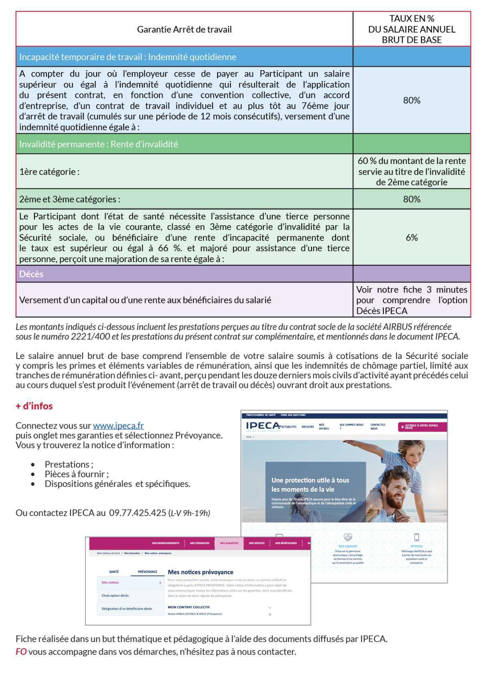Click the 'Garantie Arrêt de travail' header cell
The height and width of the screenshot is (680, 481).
(x=184, y=29)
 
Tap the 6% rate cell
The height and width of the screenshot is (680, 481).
(x=412, y=237)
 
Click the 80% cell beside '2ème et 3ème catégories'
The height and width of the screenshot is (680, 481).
(x=412, y=199)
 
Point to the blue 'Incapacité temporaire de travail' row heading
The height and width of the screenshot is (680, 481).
(x=128, y=57)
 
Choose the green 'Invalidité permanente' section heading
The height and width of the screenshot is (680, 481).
(x=99, y=144)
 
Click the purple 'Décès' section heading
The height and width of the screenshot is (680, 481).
(x=31, y=274)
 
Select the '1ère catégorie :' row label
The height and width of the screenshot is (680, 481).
(x=49, y=172)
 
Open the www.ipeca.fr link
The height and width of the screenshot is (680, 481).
(x=118, y=426)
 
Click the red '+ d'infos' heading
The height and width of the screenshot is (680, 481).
(x=34, y=406)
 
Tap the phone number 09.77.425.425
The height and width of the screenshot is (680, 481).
(x=137, y=513)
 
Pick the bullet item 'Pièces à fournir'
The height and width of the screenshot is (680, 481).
(x=77, y=474)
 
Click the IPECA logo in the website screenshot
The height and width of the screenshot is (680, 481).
(x=263, y=426)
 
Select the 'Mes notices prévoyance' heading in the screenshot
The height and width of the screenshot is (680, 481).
(x=200, y=572)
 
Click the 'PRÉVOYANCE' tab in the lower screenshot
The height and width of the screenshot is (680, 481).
(x=148, y=572)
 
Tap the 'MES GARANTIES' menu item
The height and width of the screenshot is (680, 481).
(x=229, y=543)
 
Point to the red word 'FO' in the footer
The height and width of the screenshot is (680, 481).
(x=21, y=652)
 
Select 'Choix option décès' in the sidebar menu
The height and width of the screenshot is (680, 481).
(x=115, y=595)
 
